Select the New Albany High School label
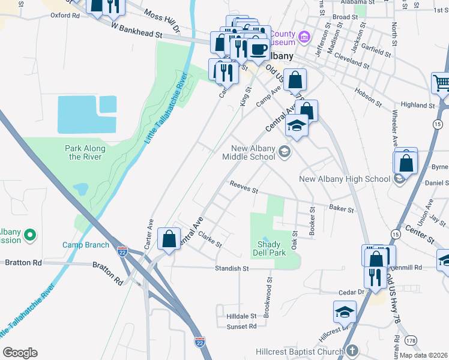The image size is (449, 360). [x=345, y=179]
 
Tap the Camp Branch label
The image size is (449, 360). [x=86, y=245]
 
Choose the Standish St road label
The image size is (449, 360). [x=232, y=269]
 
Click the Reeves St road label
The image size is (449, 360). [x=243, y=188]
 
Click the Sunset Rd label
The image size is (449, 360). [x=241, y=326]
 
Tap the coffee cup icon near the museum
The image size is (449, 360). [x=259, y=49]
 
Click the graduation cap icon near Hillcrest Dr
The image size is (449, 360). [x=345, y=311]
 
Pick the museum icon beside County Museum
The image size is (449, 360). [x=304, y=38]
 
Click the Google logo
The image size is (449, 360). [x=20, y=353]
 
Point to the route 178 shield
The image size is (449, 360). [x=411, y=341]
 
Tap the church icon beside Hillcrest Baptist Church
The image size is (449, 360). [x=352, y=350]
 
